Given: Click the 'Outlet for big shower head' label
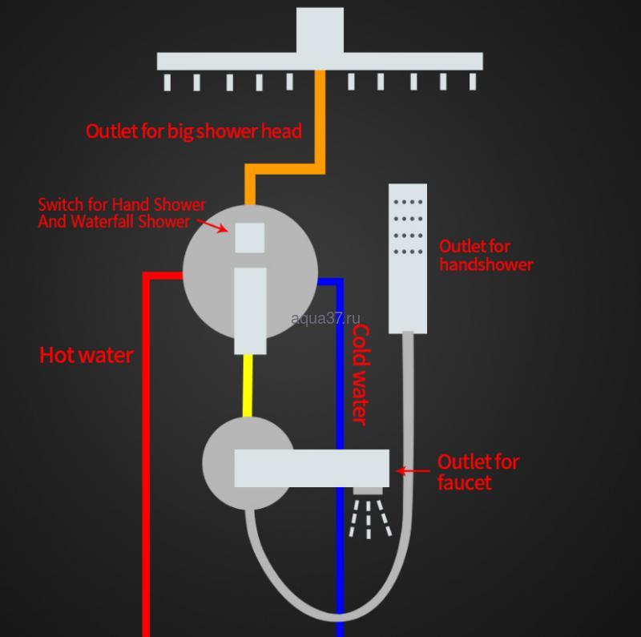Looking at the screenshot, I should [x=193, y=131].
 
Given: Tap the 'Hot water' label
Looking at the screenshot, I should [x=87, y=355].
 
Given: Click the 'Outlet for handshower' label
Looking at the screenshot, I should [x=486, y=255].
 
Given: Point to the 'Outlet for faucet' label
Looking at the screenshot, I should [x=478, y=472].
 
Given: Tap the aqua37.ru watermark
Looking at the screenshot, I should [x=326, y=318].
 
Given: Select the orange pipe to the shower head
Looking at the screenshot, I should [x=320, y=120].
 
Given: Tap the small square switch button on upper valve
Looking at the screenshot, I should [x=250, y=238].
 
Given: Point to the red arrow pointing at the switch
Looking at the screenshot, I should [x=214, y=226].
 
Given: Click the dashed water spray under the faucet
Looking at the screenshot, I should [x=369, y=518].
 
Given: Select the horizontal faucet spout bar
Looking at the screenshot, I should [x=312, y=468].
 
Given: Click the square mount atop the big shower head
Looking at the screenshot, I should [x=320, y=30].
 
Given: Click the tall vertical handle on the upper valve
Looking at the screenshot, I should [x=250, y=310].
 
